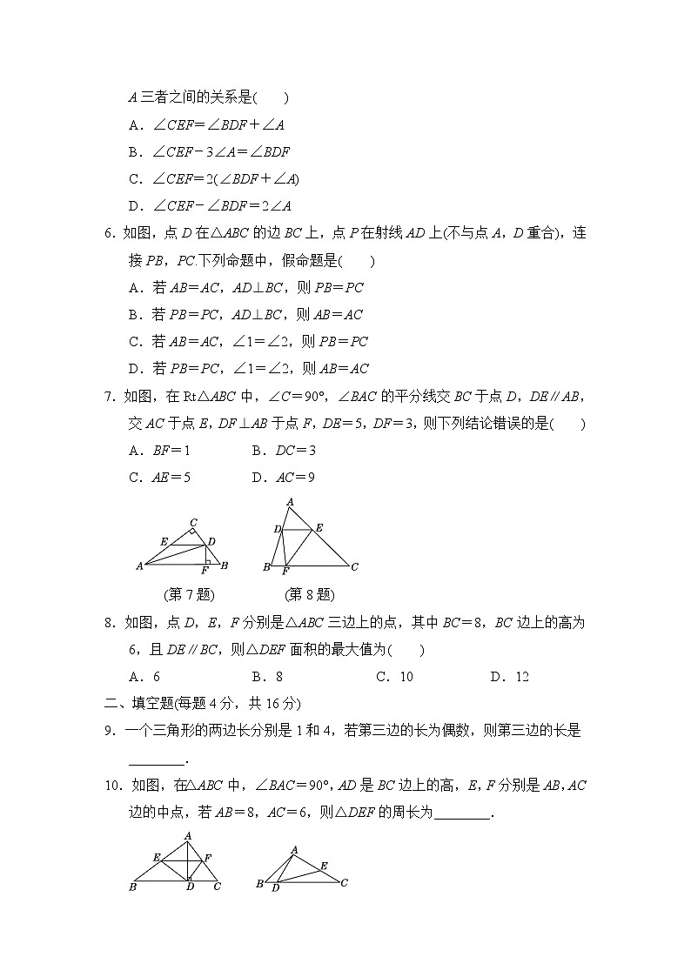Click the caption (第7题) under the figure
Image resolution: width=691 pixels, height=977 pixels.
pos(188,595)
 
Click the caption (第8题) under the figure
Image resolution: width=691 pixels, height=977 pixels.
pos(309,595)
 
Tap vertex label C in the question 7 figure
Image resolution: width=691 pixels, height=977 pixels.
pos(193,523)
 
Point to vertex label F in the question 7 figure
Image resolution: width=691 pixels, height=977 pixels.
pos(205,571)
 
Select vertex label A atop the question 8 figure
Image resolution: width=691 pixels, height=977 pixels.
pos(289,501)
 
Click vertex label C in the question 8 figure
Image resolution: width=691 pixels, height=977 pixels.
pos(355,567)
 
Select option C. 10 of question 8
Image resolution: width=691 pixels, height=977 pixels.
pos(394,677)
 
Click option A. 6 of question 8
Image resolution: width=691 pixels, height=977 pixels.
pos(144,677)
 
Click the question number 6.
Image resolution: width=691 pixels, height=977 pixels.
pos(109,233)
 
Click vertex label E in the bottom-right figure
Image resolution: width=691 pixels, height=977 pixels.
pos(324,866)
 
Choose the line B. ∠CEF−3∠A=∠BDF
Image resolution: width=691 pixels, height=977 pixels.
pos(209,152)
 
